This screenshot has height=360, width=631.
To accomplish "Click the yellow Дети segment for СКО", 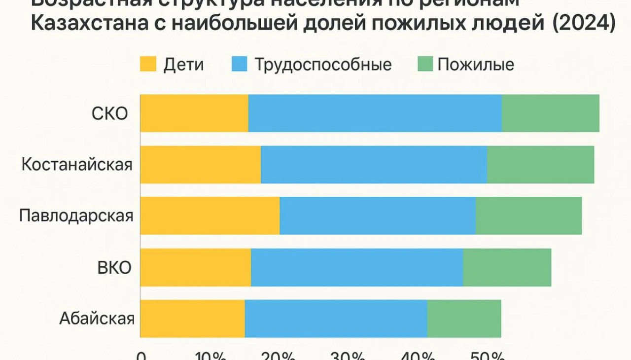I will (194, 113).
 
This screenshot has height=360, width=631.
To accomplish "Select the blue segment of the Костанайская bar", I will (374, 165).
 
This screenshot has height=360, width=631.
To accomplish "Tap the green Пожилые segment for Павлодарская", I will (528, 216).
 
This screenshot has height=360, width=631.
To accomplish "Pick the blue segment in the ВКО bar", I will (357, 267).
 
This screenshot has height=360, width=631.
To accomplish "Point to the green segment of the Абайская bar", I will (464, 319).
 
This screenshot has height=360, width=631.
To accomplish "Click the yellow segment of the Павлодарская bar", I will (210, 216).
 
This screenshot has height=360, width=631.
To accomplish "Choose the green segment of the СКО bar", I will (550, 113).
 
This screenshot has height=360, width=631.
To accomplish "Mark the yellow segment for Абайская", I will (192, 319).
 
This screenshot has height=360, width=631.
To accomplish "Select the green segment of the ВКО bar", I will (507, 267).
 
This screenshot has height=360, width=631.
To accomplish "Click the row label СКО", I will (109, 114).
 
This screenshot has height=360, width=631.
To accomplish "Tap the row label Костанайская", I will (77, 165).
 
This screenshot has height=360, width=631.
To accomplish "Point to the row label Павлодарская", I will (76, 216).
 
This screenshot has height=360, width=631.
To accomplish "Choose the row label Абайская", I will (97, 319).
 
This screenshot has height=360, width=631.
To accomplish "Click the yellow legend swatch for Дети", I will (148, 65).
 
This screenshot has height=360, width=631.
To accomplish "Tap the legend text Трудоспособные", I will (323, 65).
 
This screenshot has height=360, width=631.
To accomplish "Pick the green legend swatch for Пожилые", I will (425, 65).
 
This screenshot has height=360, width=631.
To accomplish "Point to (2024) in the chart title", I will (584, 24).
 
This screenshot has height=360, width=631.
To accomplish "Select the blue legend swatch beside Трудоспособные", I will (239, 65).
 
